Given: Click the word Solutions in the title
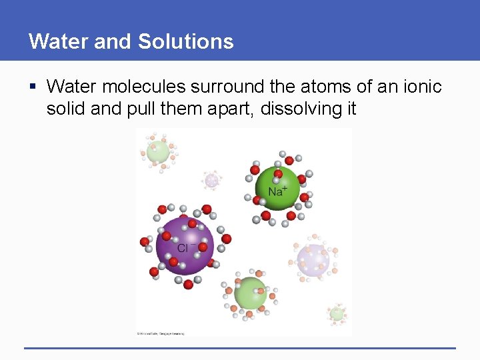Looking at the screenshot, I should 186,41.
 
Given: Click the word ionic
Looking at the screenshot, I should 421,87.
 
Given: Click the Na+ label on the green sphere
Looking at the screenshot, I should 277,191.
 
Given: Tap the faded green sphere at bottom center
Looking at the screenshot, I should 251,292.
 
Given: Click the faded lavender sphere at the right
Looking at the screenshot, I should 313,259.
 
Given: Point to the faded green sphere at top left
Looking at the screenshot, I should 159,151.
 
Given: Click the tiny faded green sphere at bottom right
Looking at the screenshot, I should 337,313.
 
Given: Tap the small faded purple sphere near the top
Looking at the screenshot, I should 212,179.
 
